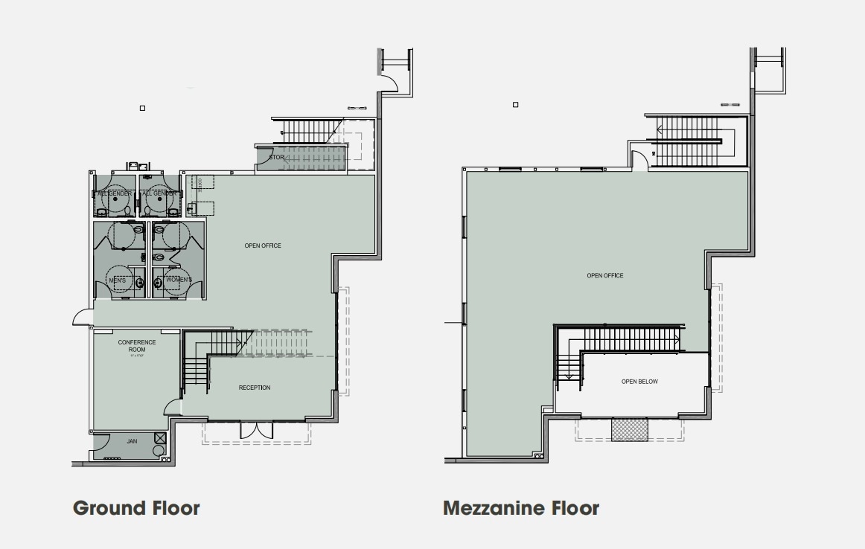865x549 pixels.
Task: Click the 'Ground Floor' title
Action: coord(136,508)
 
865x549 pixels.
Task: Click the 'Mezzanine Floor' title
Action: coord(520,508)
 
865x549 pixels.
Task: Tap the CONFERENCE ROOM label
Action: coord(137,346)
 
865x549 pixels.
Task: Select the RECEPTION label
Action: coord(255,388)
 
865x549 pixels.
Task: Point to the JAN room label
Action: coord(132,441)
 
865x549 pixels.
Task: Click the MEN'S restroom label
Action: coord(118,280)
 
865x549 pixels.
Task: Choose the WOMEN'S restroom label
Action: coord(179,280)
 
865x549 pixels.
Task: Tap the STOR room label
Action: coord(276,158)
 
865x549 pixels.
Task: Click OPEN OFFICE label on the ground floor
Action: coord(263,245)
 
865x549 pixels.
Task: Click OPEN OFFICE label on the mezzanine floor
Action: coord(604,276)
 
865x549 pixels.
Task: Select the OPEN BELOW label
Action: coord(639,382)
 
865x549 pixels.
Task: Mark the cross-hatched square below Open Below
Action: coord(629,429)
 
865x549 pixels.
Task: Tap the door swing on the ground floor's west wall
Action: coord(82,318)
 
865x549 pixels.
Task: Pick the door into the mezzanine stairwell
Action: coord(639,160)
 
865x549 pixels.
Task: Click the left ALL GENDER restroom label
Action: coord(115,193)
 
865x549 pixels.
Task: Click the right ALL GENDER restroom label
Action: coord(160,193)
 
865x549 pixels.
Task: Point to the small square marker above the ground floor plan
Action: coord(142,109)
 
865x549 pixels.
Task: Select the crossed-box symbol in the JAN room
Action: coord(159,438)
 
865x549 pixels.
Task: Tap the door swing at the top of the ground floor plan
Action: coord(389,83)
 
